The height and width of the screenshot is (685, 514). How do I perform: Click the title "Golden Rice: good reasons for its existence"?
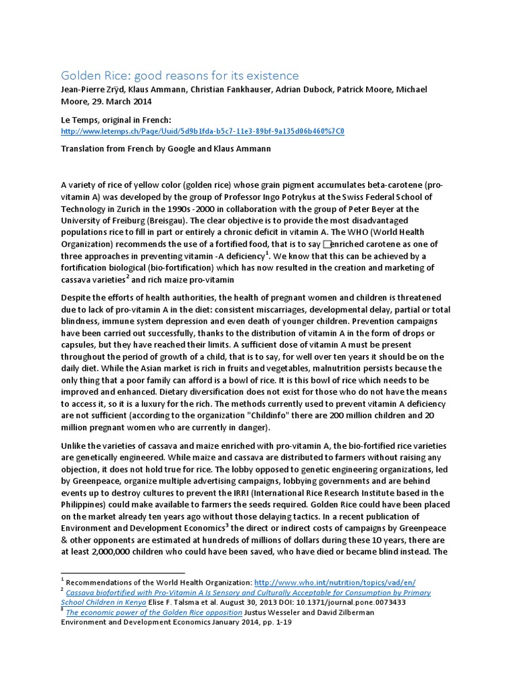coord(179,76)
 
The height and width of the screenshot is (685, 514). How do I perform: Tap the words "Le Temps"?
coord(79,119)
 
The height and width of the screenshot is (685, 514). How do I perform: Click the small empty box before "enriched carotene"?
coord(327,245)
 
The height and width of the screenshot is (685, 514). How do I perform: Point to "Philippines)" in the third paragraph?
coord(85,505)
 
